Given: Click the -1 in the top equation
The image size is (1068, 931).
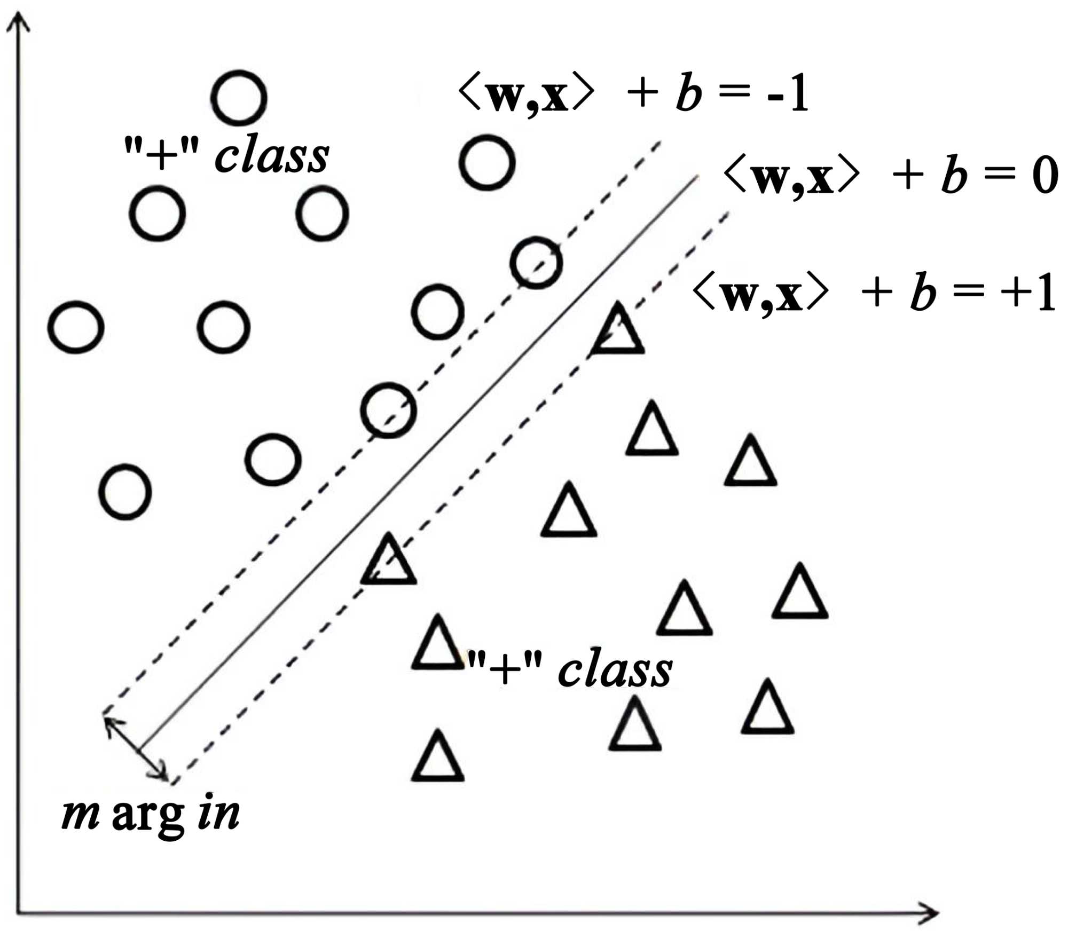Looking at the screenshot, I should tap(788, 94).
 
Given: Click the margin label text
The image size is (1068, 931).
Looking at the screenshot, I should tap(151, 816).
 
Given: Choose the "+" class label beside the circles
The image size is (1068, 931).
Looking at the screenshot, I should tap(226, 155).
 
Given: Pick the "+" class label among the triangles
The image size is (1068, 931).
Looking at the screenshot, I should tap(570, 669).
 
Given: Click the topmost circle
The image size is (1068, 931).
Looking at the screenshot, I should tap(239, 98).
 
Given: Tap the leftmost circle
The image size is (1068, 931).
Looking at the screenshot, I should tap(76, 327).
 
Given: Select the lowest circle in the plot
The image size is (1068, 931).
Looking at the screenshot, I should tap(125, 492).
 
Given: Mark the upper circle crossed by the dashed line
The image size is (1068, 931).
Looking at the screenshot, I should tap(536, 263).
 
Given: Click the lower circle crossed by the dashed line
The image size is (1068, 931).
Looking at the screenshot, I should tap(388, 410).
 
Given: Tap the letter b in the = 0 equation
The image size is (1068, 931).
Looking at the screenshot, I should tap(954, 175).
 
